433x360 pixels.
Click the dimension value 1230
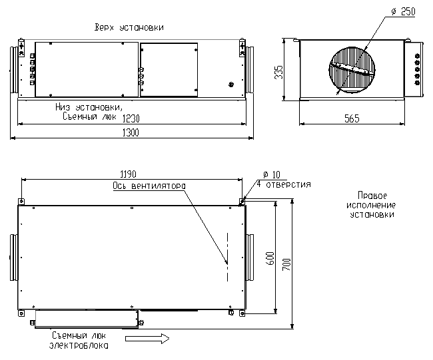(x=131, y=118)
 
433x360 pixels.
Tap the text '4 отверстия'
(x=284, y=184)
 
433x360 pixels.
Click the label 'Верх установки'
(x=130, y=27)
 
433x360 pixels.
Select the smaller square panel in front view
(x=169, y=70)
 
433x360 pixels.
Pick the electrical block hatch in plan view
(x=85, y=319)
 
